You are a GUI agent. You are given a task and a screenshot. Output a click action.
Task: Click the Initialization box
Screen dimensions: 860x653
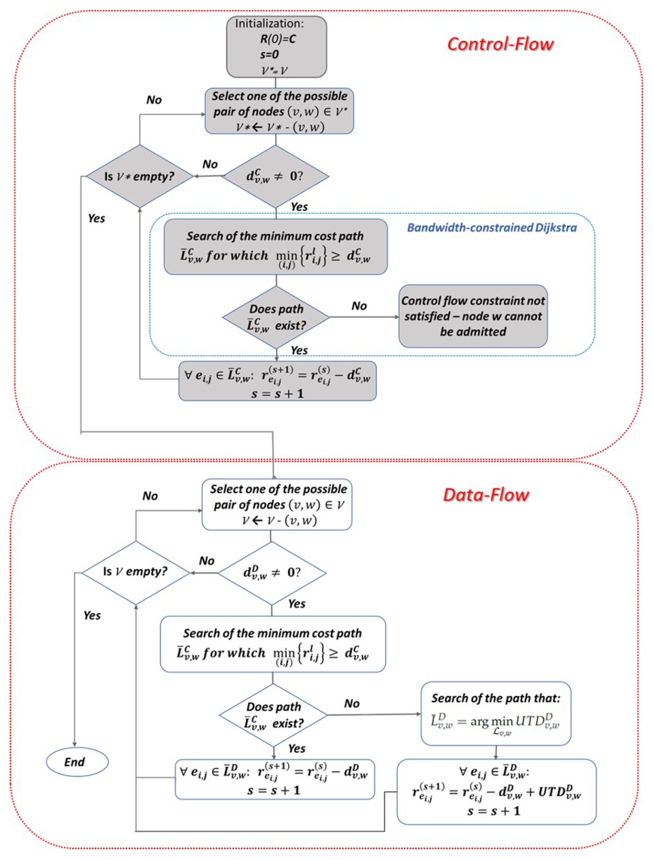coord(276,47)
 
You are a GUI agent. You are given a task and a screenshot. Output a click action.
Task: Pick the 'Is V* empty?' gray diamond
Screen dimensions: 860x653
coord(139,177)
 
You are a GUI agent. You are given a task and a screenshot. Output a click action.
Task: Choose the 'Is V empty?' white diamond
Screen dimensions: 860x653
coord(135,572)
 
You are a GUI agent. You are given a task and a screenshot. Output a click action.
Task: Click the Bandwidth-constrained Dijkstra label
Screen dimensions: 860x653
coord(492,227)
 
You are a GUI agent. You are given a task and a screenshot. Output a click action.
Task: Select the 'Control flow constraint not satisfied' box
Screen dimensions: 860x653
coord(473,316)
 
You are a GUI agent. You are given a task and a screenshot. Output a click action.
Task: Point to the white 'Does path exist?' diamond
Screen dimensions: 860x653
coord(273,715)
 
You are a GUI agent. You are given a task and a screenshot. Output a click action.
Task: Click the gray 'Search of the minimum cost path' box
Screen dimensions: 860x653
coord(275,247)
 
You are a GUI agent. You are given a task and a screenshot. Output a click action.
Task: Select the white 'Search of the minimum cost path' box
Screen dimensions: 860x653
coord(273,644)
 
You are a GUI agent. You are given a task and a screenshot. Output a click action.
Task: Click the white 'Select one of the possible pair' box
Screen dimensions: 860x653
coord(277,504)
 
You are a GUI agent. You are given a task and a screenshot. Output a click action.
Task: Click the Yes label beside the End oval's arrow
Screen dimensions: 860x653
coord(92,615)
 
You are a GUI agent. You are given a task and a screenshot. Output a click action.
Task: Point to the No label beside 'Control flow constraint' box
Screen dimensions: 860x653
coord(359,306)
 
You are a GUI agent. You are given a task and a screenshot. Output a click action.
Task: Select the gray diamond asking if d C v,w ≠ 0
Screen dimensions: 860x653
coord(275,176)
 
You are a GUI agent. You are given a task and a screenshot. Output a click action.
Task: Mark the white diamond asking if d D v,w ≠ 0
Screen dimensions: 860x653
coord(272,573)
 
